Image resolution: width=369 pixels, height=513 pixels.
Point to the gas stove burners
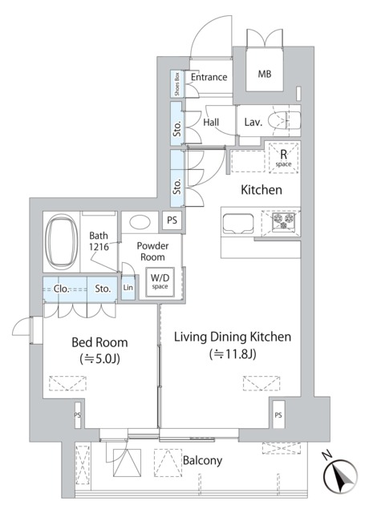pos(284,222)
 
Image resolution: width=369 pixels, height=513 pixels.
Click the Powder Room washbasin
pos(143,222)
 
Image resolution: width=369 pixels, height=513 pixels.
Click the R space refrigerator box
pos(283,158)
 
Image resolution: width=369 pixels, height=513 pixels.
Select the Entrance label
pos(209,78)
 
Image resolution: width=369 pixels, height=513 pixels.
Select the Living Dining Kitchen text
pos(233,337)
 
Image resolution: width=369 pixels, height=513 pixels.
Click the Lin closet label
pos(128,288)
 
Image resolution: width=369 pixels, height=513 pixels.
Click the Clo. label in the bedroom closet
pos(62,288)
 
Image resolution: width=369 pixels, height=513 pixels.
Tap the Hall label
pos(212,122)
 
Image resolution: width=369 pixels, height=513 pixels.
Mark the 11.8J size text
pos(233,353)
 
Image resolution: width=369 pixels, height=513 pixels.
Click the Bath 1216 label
pos(100,241)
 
